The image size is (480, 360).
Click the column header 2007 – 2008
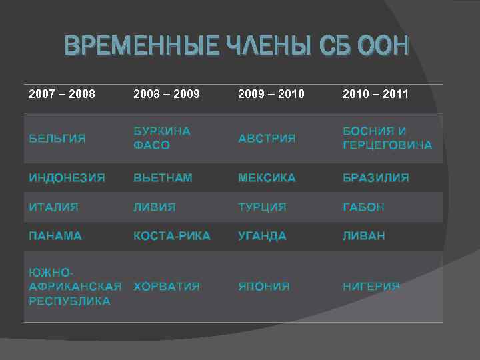(x=62, y=94)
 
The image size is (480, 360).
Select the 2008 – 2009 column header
(x=167, y=94)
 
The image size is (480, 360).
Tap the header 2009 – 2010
(x=271, y=94)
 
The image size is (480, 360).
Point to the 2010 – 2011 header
(x=376, y=94)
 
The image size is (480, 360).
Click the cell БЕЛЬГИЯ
(x=57, y=138)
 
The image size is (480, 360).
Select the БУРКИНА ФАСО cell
(x=162, y=138)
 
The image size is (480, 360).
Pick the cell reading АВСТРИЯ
(x=267, y=138)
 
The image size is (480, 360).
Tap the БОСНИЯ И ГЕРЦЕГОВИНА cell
(x=387, y=138)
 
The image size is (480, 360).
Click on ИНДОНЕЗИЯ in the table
(x=67, y=178)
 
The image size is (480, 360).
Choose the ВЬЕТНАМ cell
(x=163, y=178)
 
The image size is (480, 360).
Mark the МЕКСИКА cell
(x=267, y=178)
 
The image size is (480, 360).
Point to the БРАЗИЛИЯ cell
(x=376, y=178)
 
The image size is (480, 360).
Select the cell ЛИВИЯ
(x=155, y=207)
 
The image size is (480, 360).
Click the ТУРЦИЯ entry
(x=262, y=207)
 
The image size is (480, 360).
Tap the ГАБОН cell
(x=363, y=207)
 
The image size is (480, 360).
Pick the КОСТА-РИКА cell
(x=172, y=236)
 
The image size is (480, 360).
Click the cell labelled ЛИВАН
(x=364, y=236)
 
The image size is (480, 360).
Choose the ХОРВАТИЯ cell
(x=167, y=287)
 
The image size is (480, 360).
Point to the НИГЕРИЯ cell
(x=371, y=287)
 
